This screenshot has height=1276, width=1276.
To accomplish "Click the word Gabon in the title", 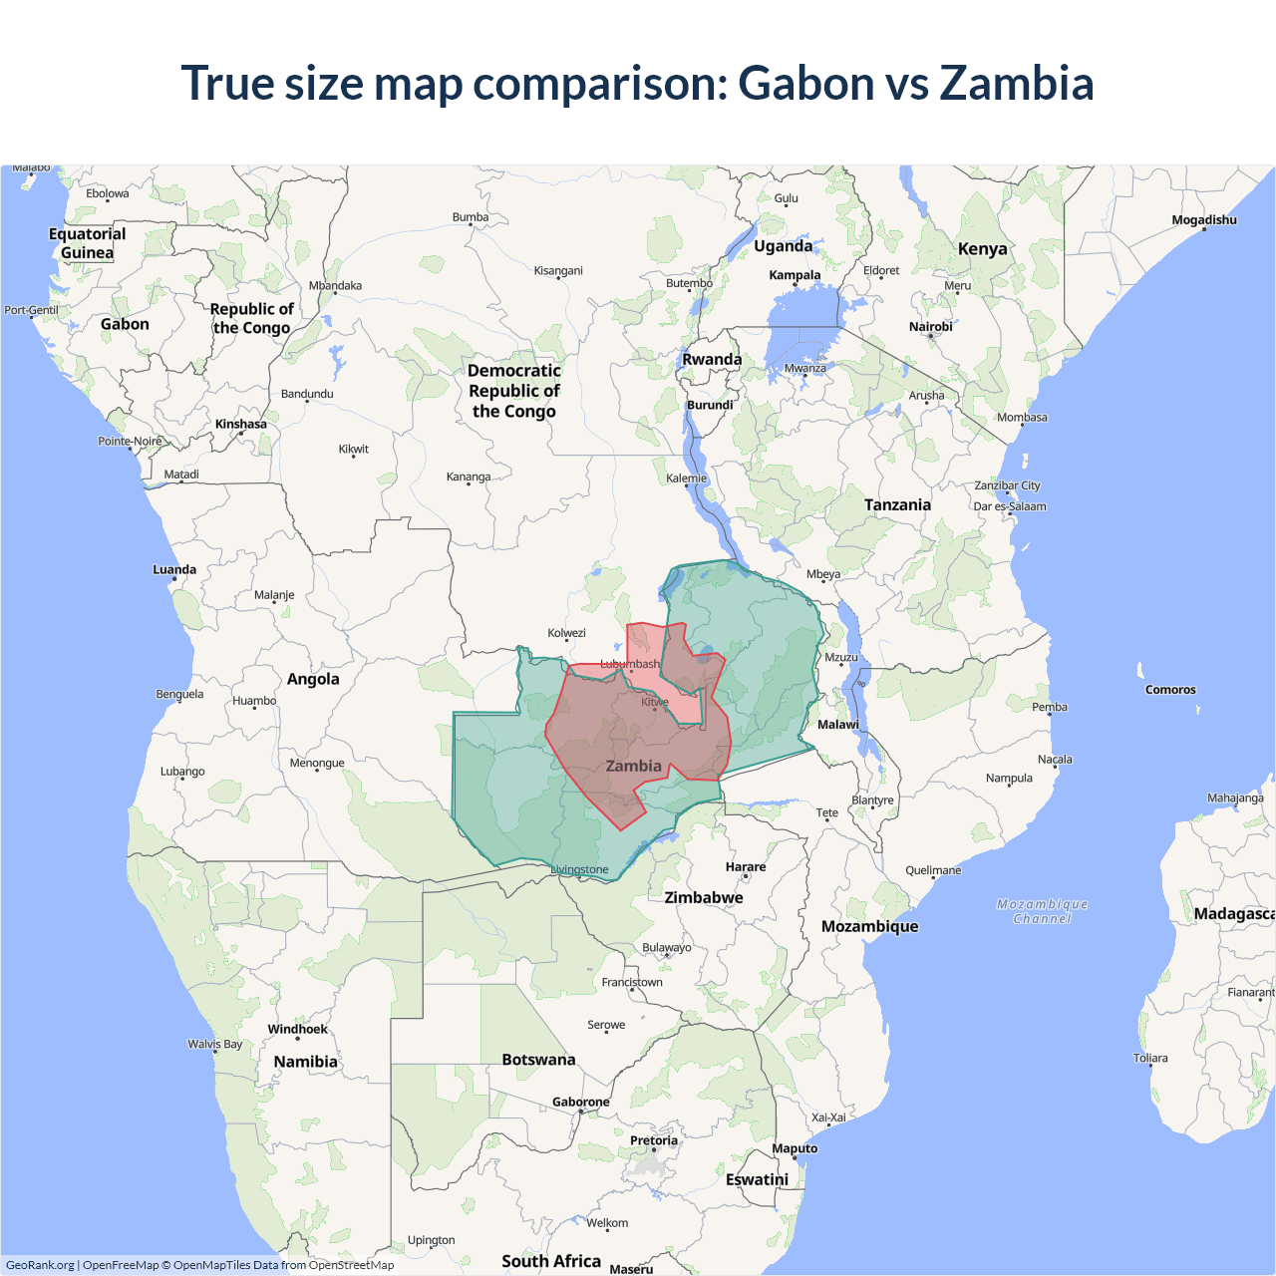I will [x=805, y=83].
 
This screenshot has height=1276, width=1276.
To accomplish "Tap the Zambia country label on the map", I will [x=633, y=766].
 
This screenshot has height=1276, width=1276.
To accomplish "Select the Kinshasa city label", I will [x=240, y=424].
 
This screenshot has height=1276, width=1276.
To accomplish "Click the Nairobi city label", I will [x=930, y=327].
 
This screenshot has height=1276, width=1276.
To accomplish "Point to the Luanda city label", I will [x=174, y=569].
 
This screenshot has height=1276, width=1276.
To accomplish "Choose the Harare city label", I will [x=746, y=866].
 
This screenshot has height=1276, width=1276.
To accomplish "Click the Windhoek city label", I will [x=297, y=1029].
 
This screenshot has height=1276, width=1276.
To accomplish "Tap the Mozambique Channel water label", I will [x=1042, y=911].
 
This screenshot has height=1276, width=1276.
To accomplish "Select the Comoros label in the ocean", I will [x=1170, y=689].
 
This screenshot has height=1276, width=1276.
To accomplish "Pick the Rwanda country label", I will [x=712, y=359].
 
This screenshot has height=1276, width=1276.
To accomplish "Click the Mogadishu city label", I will [x=1204, y=219].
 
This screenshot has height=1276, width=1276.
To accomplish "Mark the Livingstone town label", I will [x=579, y=869].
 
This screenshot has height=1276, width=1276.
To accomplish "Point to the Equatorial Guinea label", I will [x=88, y=242].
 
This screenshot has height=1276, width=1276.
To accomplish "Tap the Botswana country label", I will [x=538, y=1059].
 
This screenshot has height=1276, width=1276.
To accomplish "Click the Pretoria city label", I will [x=654, y=1140].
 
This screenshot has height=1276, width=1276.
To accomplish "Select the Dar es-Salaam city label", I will [x=1010, y=506].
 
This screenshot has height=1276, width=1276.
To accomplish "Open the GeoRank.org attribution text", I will [x=40, y=1265].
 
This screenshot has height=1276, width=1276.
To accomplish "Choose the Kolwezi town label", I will [x=566, y=633].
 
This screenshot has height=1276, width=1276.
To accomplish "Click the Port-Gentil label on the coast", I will [x=31, y=310].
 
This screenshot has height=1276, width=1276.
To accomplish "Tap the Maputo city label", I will [x=795, y=1148].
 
